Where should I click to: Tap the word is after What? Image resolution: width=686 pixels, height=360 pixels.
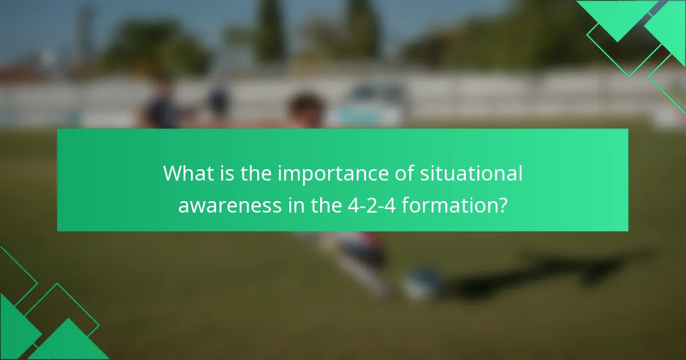coord(226,174)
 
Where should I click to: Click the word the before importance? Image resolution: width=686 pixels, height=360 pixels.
coord(256,174)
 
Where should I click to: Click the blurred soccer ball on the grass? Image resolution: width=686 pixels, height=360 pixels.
coord(421,283)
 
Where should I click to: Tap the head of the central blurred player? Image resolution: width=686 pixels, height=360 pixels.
coord(306,109)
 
